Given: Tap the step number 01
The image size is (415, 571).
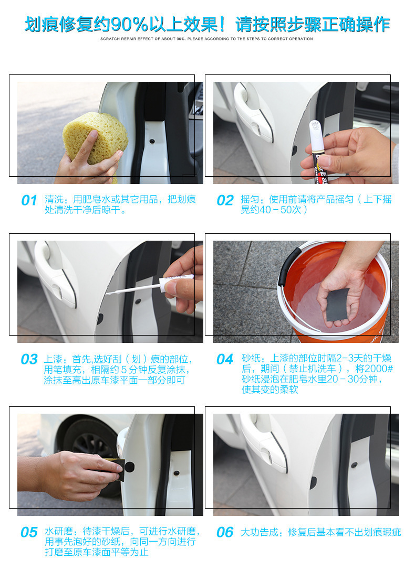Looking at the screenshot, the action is click(29, 200).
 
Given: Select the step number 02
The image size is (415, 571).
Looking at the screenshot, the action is click(225, 200).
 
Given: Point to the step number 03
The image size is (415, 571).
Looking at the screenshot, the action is click(29, 359).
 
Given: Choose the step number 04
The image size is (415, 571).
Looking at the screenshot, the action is click(225, 359).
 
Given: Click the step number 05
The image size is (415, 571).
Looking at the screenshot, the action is click(29, 532).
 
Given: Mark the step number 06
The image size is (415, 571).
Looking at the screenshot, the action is click(225, 532).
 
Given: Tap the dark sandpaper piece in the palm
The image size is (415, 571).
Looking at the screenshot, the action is click(337, 305).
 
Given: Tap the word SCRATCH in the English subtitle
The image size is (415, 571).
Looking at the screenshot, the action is click(109, 39).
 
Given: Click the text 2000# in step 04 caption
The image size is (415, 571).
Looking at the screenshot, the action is click(379, 369).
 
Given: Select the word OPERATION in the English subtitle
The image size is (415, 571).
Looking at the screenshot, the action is click(301, 39).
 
